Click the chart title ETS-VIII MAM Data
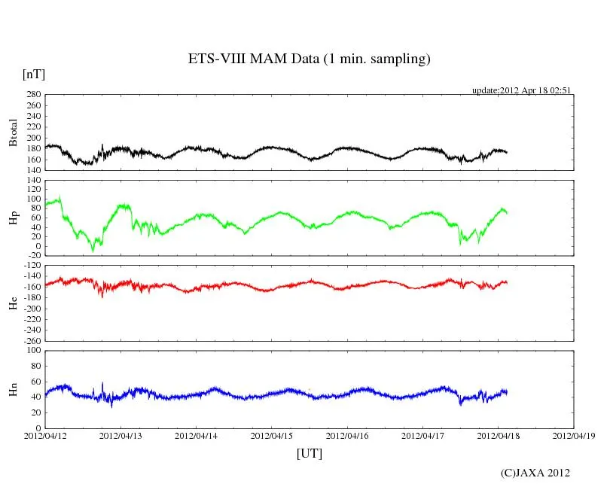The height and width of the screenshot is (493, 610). tap(309, 59)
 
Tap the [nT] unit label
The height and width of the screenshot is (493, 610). tap(33, 75)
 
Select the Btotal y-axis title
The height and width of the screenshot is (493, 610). tap(13, 132)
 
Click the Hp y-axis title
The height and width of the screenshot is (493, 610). tap(13, 218)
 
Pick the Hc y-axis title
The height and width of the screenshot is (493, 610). tap(13, 303)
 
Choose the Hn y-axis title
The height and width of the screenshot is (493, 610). tap(13, 389)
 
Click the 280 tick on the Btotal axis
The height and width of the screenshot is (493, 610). tap(32, 95)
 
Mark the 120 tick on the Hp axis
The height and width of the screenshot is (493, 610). tap(32, 180)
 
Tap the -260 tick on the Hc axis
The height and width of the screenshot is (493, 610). tap(31, 340)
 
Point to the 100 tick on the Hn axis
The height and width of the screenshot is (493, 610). tap(32, 351)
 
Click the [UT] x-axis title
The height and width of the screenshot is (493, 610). tap(309, 454)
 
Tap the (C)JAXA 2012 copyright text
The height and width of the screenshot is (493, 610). tap(535, 473)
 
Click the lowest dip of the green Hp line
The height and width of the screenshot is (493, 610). tap(93, 251)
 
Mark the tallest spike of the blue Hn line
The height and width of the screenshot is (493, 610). tap(102, 383)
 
